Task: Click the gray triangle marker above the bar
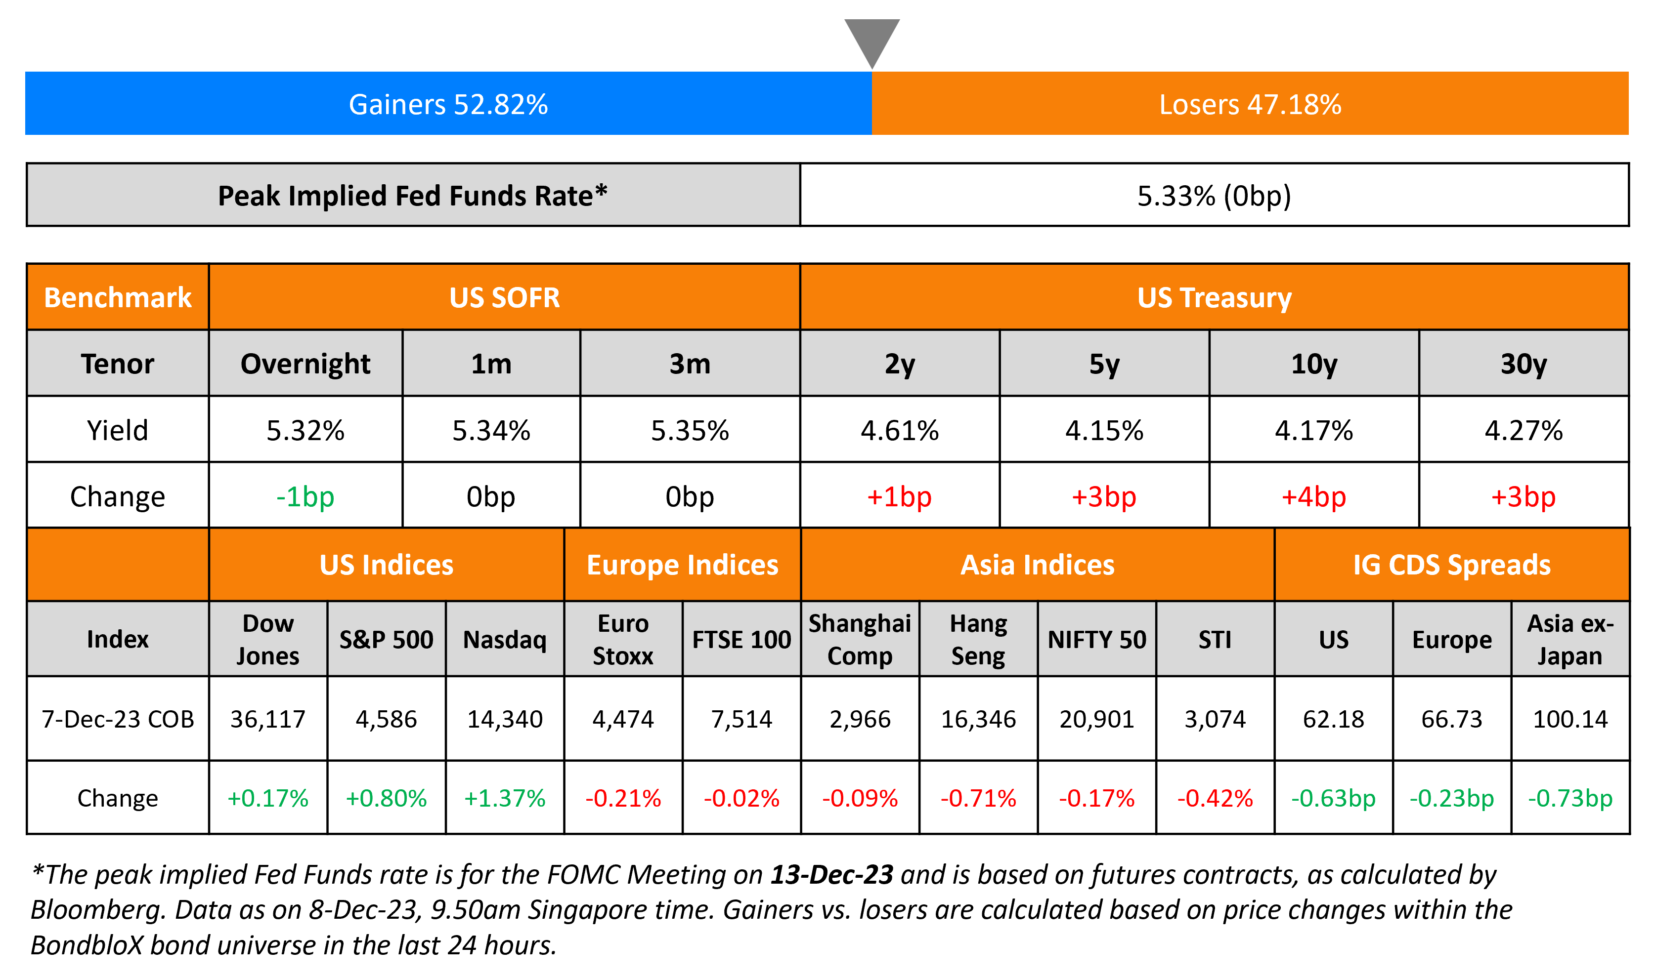871,40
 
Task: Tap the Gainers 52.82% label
448,104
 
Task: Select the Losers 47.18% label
1250,104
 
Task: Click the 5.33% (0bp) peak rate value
1214,196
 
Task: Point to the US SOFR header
504,298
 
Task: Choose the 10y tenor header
1313,364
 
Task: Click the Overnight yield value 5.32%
305,431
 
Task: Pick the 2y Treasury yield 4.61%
899,431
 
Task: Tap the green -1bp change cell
305,496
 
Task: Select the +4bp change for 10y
1313,496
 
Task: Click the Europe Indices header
683,565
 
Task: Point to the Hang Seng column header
978,639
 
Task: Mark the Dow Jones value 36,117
267,719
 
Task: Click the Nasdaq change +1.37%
505,798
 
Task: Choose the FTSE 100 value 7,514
741,719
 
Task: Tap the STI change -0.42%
1215,798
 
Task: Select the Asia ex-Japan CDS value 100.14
1570,719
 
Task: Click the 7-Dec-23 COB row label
118,719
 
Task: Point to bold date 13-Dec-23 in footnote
831,874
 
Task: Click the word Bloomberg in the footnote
96,910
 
